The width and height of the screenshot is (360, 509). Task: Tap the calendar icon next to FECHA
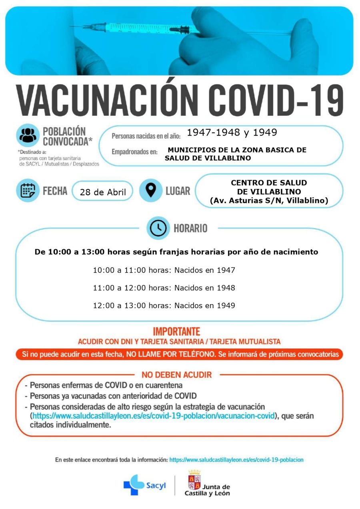(28, 190)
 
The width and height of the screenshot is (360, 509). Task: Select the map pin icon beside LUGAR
(150, 190)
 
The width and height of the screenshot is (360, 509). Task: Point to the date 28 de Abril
(103, 192)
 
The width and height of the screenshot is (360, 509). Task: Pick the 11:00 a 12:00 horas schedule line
(164, 288)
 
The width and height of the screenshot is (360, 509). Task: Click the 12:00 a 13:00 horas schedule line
(164, 305)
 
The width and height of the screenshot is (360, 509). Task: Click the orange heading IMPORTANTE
(176, 332)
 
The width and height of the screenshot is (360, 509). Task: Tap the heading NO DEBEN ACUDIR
(176, 375)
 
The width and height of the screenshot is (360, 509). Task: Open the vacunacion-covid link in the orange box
(154, 416)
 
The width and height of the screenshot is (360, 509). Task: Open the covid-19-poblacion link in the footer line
(236, 460)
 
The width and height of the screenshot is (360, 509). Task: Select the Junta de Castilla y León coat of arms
(194, 480)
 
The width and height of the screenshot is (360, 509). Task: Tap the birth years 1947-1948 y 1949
(232, 132)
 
